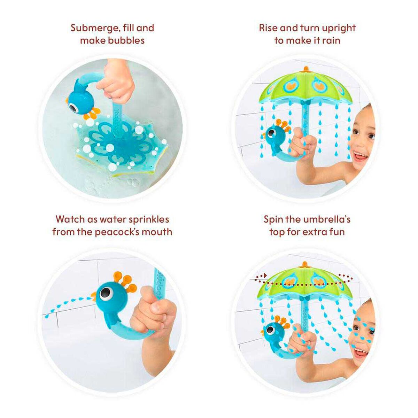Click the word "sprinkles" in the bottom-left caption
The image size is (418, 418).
coord(149,219)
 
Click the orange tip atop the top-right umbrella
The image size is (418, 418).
coord(305,69)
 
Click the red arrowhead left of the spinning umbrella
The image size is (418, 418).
coord(265,276)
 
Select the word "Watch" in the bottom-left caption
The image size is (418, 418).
coord(70,219)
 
